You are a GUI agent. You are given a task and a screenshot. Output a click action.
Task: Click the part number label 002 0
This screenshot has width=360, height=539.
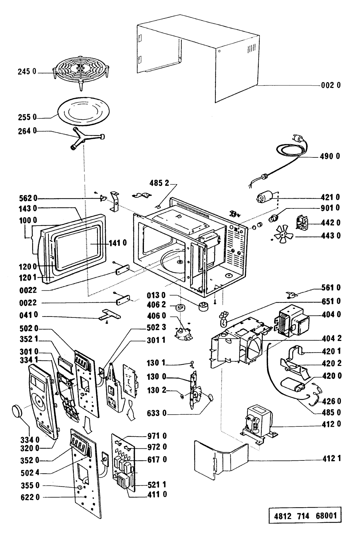331,85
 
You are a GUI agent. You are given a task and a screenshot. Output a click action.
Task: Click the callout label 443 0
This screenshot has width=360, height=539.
331,236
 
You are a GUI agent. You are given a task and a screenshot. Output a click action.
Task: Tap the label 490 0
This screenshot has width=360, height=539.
331,156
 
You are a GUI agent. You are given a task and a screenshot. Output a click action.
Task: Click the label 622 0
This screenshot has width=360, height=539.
29,498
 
